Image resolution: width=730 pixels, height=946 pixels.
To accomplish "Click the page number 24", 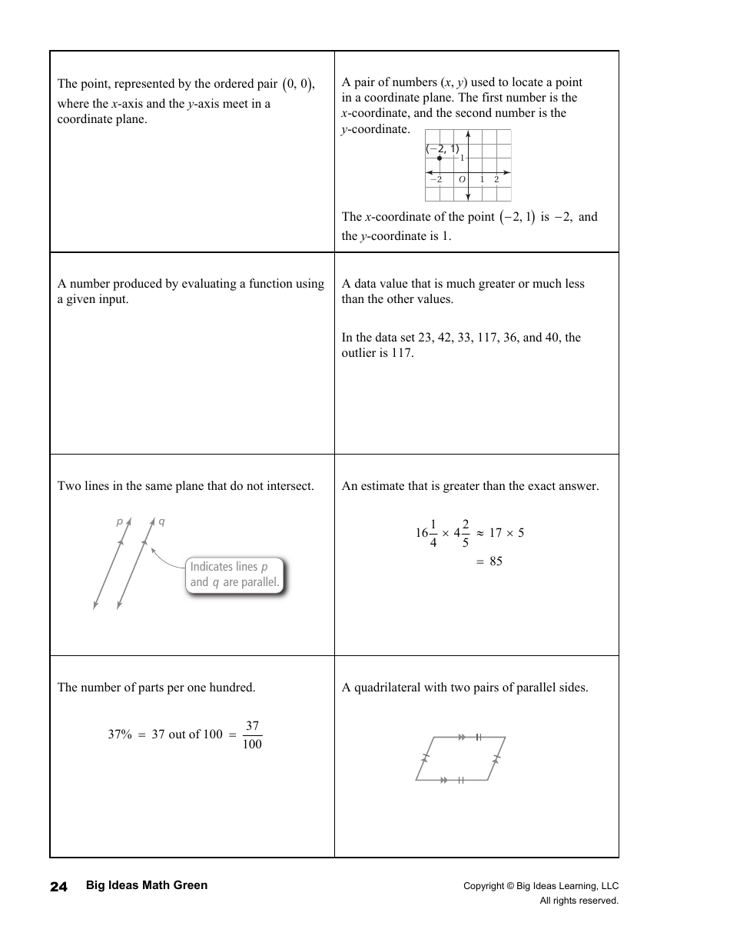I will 58,886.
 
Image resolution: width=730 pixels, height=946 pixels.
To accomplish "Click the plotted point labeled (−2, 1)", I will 440,158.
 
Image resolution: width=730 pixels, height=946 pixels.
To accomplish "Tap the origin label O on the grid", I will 462,179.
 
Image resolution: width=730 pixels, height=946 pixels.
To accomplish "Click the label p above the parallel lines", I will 119,521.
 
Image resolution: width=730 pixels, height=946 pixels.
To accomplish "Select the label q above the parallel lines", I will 161,521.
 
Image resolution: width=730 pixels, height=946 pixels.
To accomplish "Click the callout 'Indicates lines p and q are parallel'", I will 234,575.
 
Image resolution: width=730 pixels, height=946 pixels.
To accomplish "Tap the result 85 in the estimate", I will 496,561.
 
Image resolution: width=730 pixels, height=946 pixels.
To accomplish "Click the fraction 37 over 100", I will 251,734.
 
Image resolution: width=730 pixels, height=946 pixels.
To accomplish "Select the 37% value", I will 120,734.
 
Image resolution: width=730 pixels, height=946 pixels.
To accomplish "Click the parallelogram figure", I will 460,758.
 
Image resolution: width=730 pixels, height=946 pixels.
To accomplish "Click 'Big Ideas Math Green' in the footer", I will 146,885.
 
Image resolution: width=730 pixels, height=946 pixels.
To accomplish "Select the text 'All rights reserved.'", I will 579,901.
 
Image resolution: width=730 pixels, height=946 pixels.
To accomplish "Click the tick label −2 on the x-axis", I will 436,179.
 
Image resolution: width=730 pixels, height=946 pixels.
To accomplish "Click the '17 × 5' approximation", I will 506,533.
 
